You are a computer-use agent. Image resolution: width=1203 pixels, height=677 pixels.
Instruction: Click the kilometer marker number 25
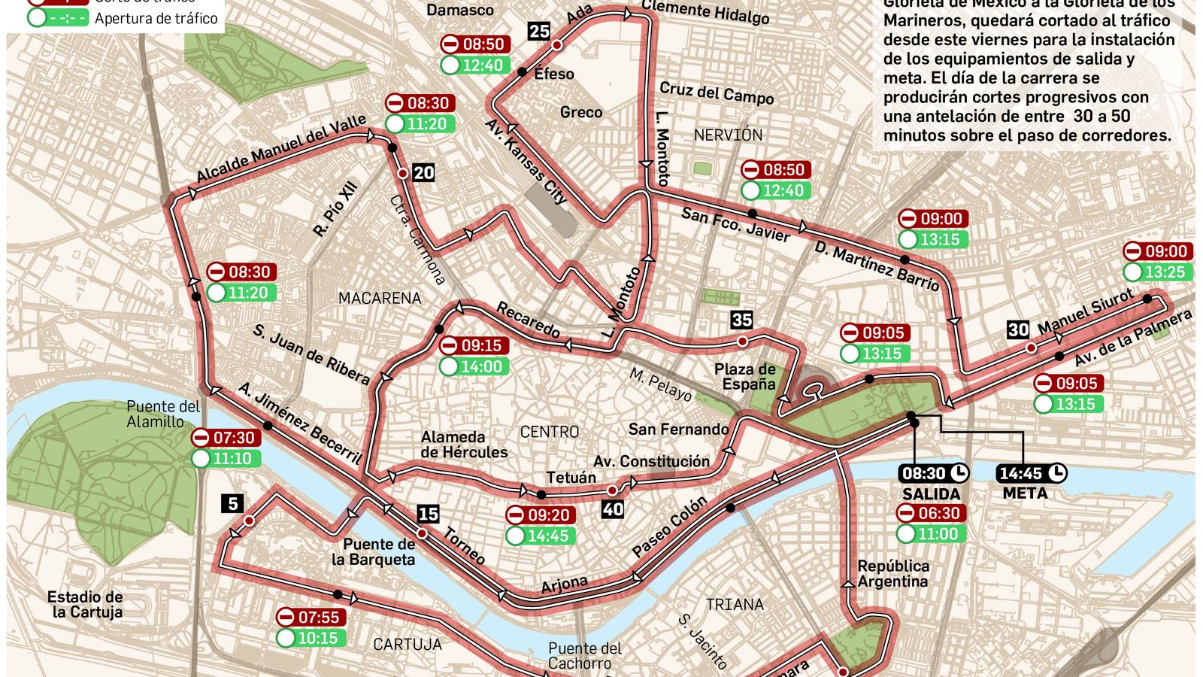tap(539, 31)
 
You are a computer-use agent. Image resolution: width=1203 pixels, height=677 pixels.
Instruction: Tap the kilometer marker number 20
tap(423, 173)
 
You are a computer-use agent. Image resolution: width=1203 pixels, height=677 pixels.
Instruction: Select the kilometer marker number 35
tap(741, 320)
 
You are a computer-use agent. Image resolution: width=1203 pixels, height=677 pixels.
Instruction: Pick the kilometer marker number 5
tap(232, 503)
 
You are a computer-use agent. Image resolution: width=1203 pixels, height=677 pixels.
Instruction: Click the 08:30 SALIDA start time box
tap(933, 473)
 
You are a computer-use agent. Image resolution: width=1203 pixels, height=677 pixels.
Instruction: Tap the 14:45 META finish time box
tap(1031, 473)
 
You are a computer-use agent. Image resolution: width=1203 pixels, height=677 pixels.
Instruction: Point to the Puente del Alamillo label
tap(162, 414)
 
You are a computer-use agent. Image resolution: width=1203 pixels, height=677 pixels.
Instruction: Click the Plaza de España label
tap(745, 376)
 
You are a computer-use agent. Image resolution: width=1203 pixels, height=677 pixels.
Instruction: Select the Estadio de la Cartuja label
tap(85, 604)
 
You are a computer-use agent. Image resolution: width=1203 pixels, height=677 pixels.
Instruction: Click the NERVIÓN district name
tap(727, 135)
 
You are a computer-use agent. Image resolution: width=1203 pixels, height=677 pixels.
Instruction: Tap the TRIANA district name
tap(734, 604)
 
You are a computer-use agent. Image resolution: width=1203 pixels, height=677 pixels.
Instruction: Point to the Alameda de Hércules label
tap(464, 444)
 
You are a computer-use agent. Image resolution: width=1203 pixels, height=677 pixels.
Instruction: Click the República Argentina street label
tap(892, 573)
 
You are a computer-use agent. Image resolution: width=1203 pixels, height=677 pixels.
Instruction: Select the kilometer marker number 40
tap(612, 509)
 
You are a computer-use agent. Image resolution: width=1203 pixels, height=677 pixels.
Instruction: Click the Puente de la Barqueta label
tap(374, 551)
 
